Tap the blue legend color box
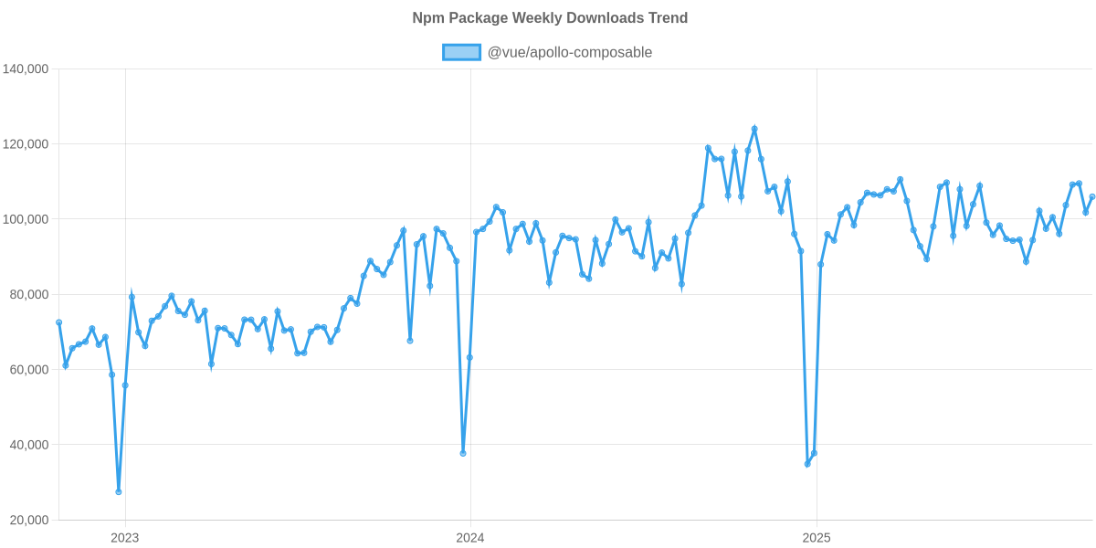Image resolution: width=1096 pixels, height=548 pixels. (x=461, y=52)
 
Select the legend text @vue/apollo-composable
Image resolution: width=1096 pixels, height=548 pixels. (x=569, y=52)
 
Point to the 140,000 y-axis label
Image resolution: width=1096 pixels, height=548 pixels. (x=26, y=69)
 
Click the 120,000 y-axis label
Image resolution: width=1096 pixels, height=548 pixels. (x=26, y=144)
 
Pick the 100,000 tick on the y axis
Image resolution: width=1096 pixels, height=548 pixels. (x=26, y=219)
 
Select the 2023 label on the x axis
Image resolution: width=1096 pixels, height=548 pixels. (x=124, y=537)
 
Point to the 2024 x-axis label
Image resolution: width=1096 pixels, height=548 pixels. (x=469, y=537)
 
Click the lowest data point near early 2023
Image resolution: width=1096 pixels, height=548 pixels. (x=119, y=491)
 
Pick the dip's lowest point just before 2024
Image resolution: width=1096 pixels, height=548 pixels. (x=463, y=453)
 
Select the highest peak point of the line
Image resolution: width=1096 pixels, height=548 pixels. (x=754, y=129)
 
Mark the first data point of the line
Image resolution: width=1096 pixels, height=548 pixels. (x=58, y=321)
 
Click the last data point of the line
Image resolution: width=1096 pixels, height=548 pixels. (x=1092, y=196)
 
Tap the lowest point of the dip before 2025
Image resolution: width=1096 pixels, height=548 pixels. (x=807, y=464)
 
